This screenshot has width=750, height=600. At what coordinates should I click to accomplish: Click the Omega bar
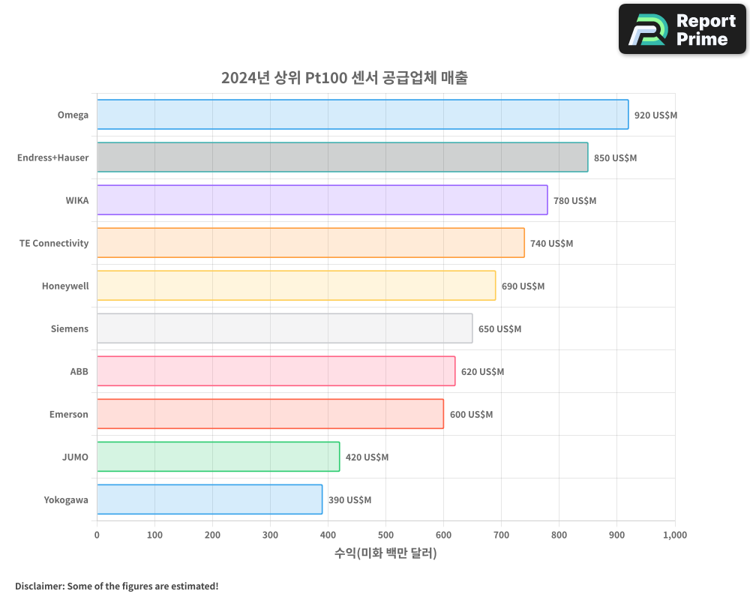click(x=362, y=115)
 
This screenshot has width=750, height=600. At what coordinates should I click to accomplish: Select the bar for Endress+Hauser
click(x=342, y=157)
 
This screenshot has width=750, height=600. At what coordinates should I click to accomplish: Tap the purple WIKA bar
click(x=322, y=200)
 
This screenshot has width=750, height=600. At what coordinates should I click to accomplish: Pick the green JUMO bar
click(x=218, y=457)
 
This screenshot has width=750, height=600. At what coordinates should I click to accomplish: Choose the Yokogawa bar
click(x=209, y=499)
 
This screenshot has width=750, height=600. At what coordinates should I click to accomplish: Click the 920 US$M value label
click(x=655, y=115)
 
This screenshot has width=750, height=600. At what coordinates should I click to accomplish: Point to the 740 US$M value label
click(x=551, y=244)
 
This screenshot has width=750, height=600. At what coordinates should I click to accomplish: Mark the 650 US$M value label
click(x=499, y=329)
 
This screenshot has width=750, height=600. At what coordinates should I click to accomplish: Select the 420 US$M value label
click(x=367, y=457)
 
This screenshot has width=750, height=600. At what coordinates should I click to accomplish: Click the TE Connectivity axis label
click(x=54, y=244)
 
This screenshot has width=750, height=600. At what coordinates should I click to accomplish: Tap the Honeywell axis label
click(x=65, y=286)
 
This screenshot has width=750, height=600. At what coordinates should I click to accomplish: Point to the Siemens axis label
click(x=70, y=329)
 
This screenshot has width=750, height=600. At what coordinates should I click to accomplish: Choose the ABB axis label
click(x=79, y=372)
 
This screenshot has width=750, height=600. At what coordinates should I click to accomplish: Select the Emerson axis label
click(x=69, y=415)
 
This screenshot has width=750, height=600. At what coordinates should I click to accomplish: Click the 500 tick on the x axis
click(x=385, y=535)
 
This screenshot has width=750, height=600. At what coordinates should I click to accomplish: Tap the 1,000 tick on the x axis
click(x=674, y=535)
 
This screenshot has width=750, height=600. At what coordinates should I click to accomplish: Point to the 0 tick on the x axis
click(x=97, y=535)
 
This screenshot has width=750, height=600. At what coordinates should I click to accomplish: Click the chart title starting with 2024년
click(x=344, y=78)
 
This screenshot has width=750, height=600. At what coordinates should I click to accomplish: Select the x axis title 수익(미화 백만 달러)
click(x=385, y=553)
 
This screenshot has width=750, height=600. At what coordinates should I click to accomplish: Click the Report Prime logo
click(x=682, y=29)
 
